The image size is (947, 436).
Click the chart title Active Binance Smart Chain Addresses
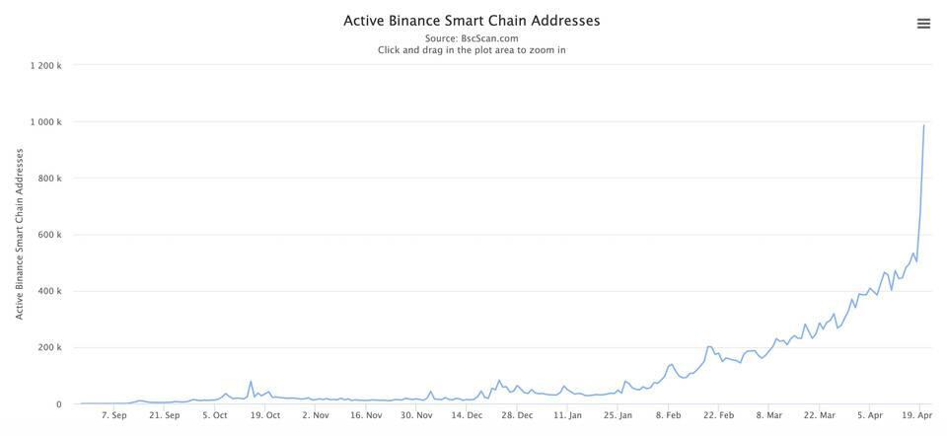(472, 20)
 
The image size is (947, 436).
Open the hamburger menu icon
(923, 24)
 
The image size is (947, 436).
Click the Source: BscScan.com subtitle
(472, 38)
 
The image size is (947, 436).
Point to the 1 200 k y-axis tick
(45, 66)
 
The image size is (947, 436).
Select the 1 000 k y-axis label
(45, 122)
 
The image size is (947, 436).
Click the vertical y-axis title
(19, 234)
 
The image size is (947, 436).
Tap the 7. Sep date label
(113, 415)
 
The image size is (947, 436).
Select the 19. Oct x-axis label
(265, 415)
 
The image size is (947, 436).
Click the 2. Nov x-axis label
(316, 415)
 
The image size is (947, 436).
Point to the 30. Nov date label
(417, 415)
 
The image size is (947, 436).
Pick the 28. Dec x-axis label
(518, 415)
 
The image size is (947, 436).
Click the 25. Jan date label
(619, 415)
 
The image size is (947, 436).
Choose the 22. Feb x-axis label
(719, 415)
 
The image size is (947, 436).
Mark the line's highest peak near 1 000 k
(923, 125)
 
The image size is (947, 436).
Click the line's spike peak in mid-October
(251, 382)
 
